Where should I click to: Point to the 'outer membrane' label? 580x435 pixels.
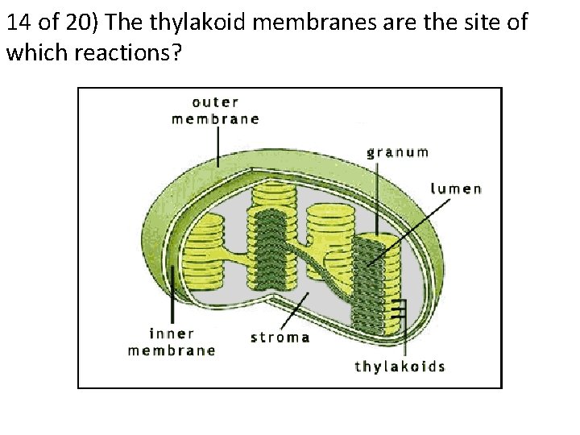click(x=215, y=110)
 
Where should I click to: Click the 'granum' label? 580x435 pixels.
click(x=397, y=151)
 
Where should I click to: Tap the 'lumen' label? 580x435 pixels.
click(x=456, y=189)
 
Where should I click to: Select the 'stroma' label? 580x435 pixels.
click(x=280, y=337)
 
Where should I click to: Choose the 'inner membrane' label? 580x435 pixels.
click(x=172, y=342)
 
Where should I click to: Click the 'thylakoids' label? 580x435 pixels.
click(x=400, y=367)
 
